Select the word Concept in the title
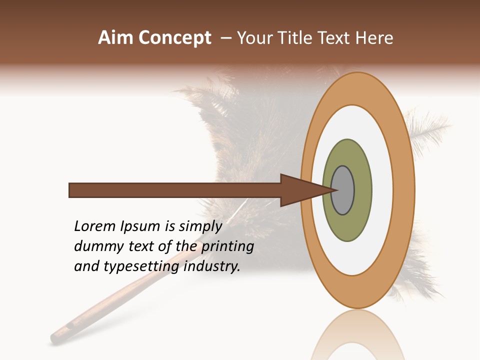pyautogui.click(x=174, y=38)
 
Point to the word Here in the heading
pyautogui.click(x=374, y=38)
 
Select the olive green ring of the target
pyautogui.click(x=347, y=225)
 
